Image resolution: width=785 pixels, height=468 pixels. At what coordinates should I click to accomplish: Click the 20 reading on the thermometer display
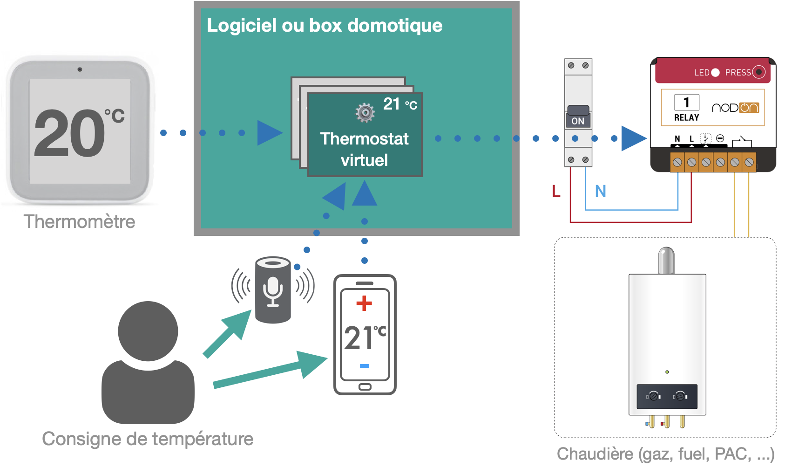click(x=70, y=134)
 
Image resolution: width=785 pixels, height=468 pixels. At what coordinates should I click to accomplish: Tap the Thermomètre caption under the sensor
click(x=79, y=221)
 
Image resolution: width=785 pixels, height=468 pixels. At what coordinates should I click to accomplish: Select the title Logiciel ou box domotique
click(x=325, y=25)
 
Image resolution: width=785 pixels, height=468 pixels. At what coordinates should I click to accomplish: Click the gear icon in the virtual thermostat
click(x=365, y=112)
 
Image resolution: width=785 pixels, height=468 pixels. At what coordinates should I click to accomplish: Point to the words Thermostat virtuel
click(x=365, y=149)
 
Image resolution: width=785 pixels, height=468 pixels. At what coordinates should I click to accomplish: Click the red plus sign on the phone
click(x=364, y=303)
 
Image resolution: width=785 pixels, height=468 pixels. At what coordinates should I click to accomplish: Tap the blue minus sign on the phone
click(x=365, y=366)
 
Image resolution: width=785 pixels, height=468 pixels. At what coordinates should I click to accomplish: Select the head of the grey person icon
click(x=148, y=331)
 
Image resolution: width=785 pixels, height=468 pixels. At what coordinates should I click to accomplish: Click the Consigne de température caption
click(x=148, y=439)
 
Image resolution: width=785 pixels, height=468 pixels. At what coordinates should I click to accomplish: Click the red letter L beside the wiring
click(x=556, y=191)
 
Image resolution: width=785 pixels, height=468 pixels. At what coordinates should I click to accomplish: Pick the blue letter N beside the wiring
click(x=601, y=191)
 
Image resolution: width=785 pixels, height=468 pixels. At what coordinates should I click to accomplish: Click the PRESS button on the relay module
click(x=759, y=72)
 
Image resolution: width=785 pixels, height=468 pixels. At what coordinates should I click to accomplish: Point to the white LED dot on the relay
click(x=716, y=73)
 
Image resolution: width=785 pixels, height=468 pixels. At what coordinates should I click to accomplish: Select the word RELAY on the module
click(x=687, y=117)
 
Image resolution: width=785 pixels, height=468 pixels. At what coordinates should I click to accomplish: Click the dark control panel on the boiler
click(x=667, y=397)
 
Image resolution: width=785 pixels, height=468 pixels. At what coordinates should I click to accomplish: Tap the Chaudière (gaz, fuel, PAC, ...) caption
click(x=665, y=454)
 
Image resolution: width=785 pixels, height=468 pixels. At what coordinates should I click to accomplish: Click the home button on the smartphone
click(x=365, y=387)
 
